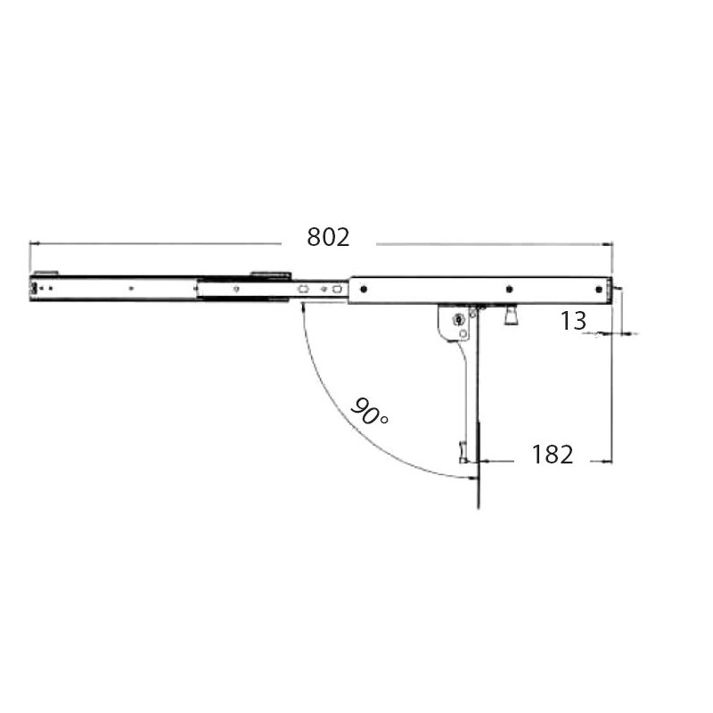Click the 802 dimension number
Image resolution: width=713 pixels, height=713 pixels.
[328, 238]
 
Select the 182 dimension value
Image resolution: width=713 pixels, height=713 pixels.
[552, 455]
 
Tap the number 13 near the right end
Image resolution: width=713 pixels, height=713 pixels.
[573, 321]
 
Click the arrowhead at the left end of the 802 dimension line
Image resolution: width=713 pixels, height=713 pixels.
[34, 242]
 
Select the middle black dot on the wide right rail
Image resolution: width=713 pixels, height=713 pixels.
[508, 288]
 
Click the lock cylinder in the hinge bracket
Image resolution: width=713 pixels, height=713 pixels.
[458, 320]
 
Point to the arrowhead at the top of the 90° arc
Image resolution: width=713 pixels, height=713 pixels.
[303, 307]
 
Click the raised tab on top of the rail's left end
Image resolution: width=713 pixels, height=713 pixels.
[46, 273]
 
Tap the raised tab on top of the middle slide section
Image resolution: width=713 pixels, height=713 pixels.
[269, 275]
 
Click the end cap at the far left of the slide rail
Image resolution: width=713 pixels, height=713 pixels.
[33, 288]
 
